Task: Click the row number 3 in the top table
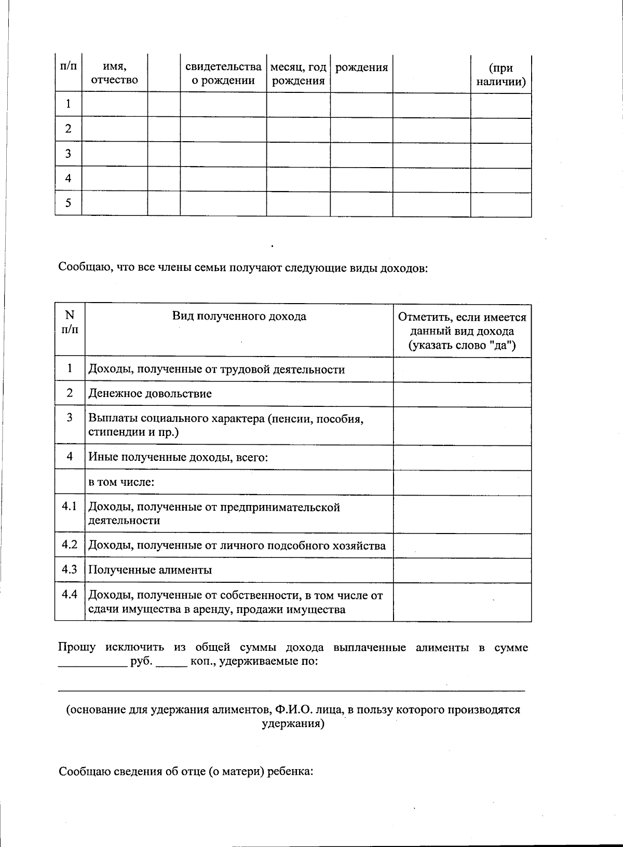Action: pos(68,154)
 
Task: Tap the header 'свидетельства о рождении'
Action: pos(223,74)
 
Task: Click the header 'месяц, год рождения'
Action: pos(298,74)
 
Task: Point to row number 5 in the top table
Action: pos(68,203)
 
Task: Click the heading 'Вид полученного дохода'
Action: pos(239,317)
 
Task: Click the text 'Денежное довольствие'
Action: pos(150,393)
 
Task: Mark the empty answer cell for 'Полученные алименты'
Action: pos(462,570)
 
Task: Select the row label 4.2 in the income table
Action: pos(70,544)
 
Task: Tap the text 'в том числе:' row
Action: pos(121,482)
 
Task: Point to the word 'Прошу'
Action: pos(77,647)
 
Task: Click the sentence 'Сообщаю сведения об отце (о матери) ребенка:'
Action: pos(186,771)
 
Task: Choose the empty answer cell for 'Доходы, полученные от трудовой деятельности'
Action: pos(462,370)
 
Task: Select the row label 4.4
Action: pos(70,595)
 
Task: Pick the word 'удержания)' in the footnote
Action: pos(293,723)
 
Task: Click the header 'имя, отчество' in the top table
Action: pos(114,74)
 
